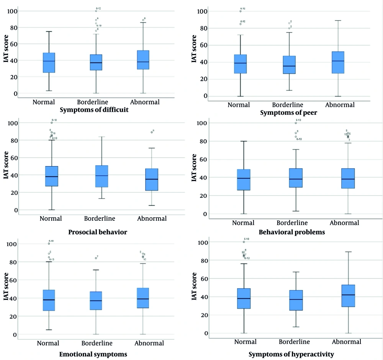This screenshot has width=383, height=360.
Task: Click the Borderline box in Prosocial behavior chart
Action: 101,176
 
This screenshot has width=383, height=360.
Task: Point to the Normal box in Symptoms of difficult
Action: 49,63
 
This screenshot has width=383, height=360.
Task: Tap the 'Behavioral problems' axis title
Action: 291,232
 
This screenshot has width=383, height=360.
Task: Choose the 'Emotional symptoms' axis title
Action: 93,354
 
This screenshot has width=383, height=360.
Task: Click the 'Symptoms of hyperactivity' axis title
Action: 291,354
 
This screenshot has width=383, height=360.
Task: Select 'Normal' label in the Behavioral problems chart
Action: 244,223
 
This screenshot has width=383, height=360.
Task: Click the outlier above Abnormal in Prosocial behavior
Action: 151,132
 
